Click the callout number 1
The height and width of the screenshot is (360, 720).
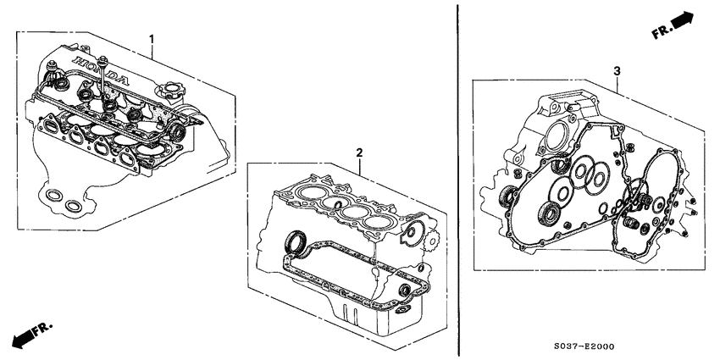click(x=152, y=39)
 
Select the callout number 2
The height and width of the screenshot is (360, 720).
click(x=359, y=152)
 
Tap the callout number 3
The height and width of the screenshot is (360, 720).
click(x=618, y=70)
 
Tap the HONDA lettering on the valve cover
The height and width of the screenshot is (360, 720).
click(x=100, y=72)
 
